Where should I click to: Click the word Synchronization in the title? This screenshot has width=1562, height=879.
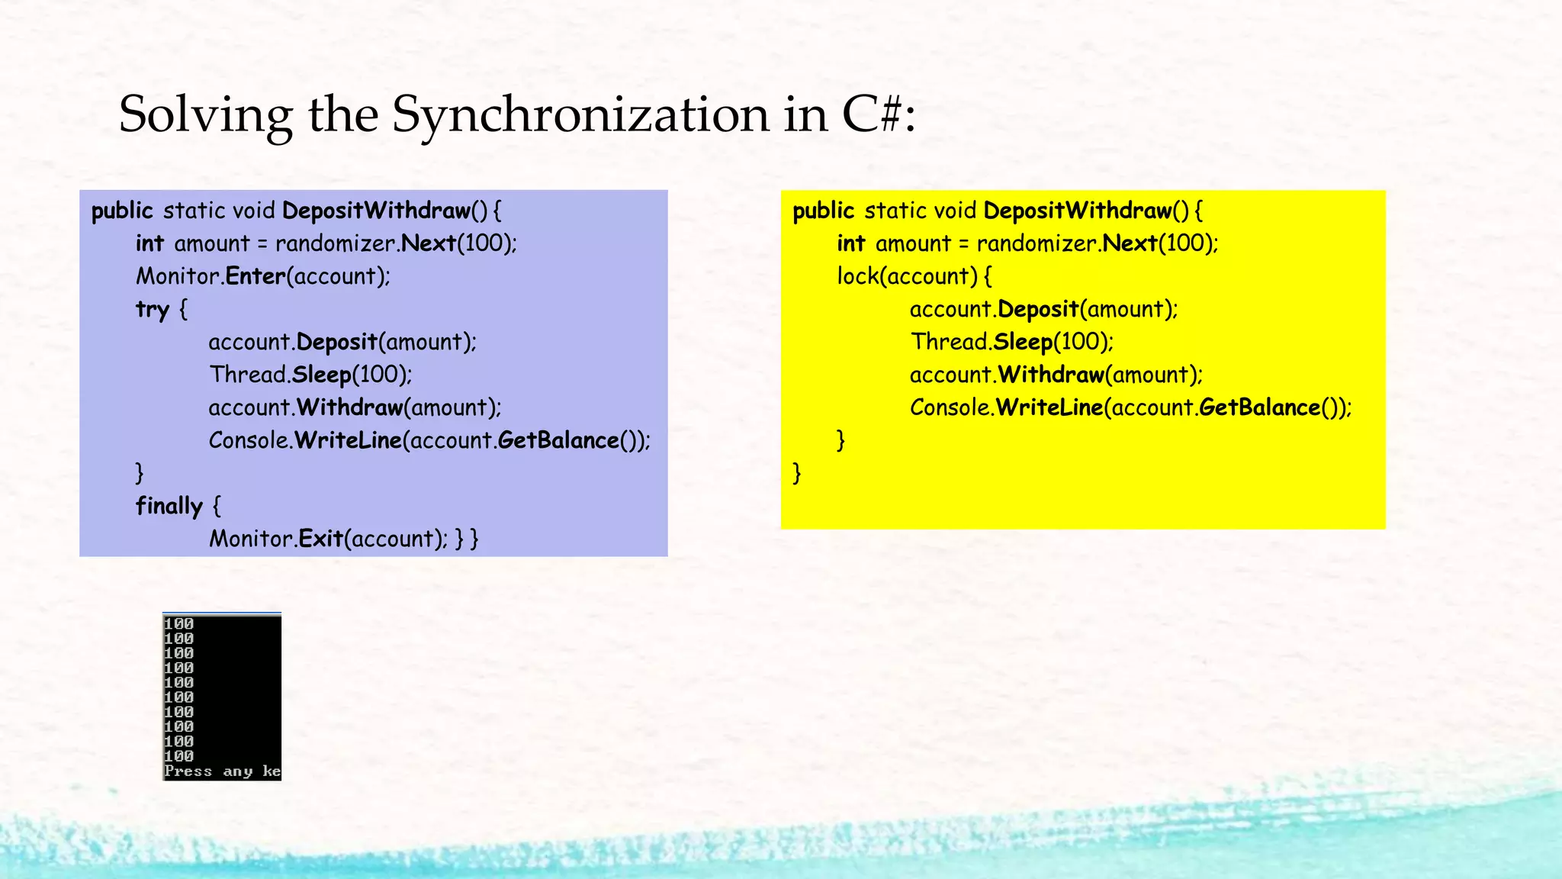click(x=580, y=114)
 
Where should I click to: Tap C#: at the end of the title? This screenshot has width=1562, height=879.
click(x=878, y=114)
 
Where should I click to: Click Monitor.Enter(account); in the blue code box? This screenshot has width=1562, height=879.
click(x=262, y=276)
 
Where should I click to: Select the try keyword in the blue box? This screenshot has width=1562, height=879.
click(x=152, y=310)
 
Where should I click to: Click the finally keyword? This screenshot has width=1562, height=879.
click(x=169, y=506)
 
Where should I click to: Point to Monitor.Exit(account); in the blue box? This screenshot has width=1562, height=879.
click(x=329, y=539)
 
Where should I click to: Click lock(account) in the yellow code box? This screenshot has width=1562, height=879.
click(x=907, y=276)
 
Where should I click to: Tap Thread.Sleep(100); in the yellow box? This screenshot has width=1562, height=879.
click(x=1011, y=342)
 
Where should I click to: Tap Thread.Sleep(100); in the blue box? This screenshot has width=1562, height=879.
click(x=310, y=375)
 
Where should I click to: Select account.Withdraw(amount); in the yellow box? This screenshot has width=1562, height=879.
click(x=1056, y=375)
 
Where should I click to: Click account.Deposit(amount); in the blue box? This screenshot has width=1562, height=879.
click(x=342, y=342)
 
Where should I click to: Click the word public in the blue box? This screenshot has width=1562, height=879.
click(x=122, y=211)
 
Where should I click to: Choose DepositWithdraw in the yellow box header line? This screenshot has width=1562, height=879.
click(x=1077, y=211)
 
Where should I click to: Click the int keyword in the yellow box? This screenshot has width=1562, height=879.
click(x=850, y=243)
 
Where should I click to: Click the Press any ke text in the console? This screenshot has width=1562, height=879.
click(x=222, y=771)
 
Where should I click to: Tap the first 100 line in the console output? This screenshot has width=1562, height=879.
click(x=178, y=624)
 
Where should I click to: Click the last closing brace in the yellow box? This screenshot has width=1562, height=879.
click(x=797, y=473)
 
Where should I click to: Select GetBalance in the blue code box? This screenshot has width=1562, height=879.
click(x=558, y=440)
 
